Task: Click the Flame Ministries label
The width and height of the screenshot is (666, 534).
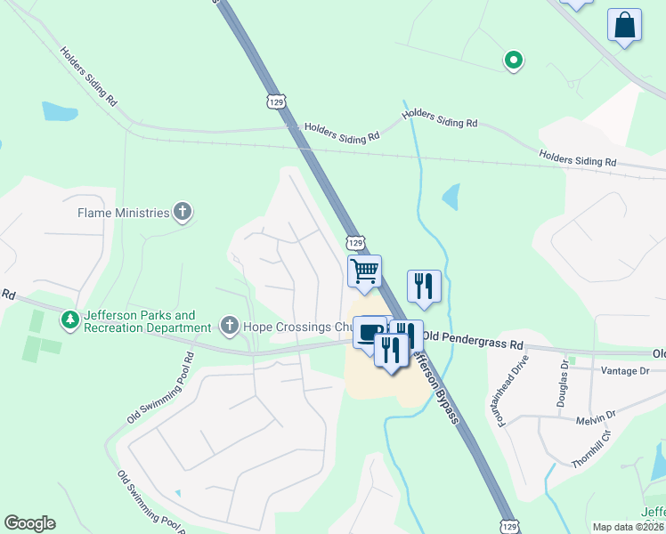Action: pyautogui.click(x=123, y=213)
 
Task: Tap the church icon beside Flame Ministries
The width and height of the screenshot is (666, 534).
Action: pyautogui.click(x=183, y=212)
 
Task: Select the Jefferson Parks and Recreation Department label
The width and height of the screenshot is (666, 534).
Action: pyautogui.click(x=139, y=321)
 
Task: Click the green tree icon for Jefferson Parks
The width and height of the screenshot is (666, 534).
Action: pyautogui.click(x=69, y=319)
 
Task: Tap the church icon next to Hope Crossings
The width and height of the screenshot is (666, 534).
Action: pyautogui.click(x=230, y=326)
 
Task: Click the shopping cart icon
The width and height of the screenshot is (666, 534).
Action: pyautogui.click(x=364, y=271)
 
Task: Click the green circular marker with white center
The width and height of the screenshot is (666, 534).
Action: pyautogui.click(x=513, y=61)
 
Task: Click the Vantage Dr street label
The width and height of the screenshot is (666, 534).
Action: pyautogui.click(x=625, y=370)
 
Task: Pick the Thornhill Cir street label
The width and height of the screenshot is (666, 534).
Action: pyautogui.click(x=590, y=449)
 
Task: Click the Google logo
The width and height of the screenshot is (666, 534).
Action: pyautogui.click(x=29, y=523)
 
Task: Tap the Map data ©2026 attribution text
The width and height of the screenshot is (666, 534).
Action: pyautogui.click(x=628, y=527)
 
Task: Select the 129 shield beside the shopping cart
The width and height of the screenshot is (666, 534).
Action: pyautogui.click(x=355, y=242)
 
